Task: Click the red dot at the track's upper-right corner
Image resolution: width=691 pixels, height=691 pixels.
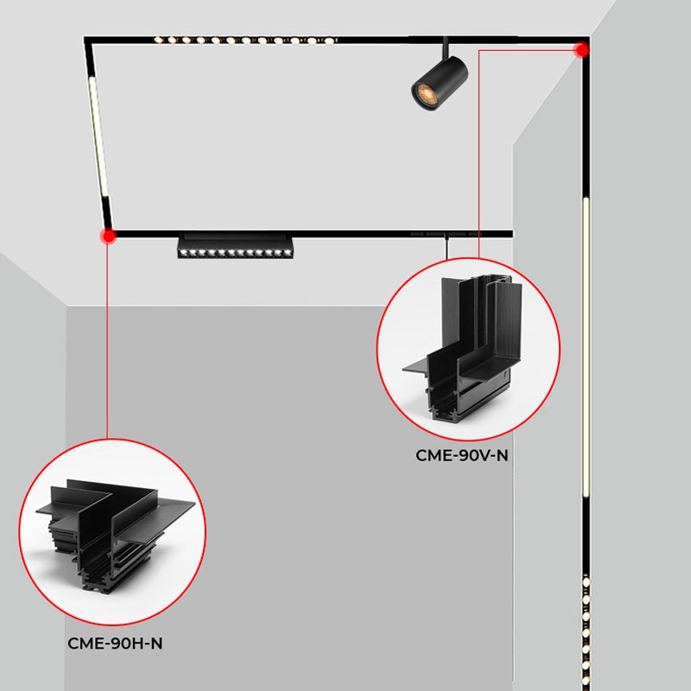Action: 582,49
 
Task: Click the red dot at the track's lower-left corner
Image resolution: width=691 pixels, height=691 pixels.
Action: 108,234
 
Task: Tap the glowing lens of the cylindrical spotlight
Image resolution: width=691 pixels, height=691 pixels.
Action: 423,92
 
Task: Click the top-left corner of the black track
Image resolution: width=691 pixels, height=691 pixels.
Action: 86,39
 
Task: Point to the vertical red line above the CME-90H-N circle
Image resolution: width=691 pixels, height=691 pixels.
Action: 108,345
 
